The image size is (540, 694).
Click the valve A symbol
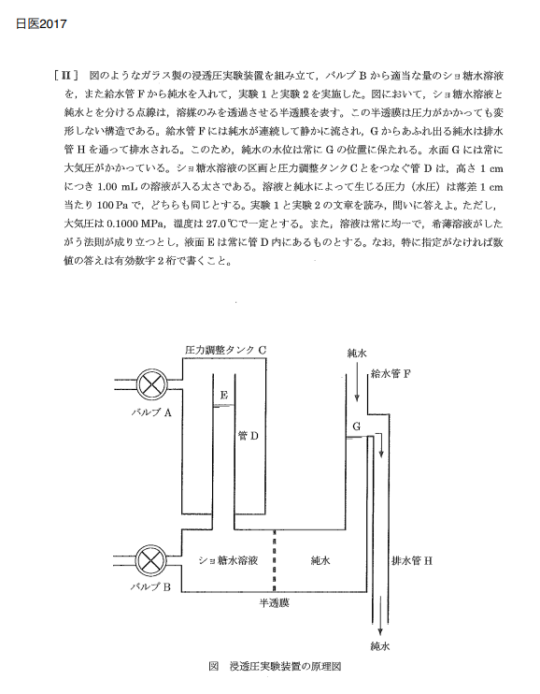[x=151, y=384]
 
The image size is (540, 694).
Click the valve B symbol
[x=151, y=561]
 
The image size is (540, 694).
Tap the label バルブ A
[x=151, y=412]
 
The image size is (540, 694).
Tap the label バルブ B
[x=150, y=586]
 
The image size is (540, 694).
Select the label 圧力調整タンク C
[x=225, y=350]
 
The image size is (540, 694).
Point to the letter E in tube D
[x=224, y=395]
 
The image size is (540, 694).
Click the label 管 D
[x=249, y=436]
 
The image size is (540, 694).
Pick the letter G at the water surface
[x=356, y=427]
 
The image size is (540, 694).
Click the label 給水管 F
[x=391, y=373]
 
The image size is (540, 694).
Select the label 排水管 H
[x=412, y=561]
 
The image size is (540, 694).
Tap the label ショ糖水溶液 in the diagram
[x=228, y=560]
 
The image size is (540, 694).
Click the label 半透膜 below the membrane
[x=274, y=603]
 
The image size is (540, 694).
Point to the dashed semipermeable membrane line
[x=274, y=561]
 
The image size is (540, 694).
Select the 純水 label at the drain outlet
[x=380, y=646]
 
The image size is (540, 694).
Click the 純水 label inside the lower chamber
[x=320, y=560]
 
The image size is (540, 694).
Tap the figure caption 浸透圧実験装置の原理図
[x=285, y=667]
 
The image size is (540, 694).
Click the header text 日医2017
[x=41, y=24]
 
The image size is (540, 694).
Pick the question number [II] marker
[x=66, y=76]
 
